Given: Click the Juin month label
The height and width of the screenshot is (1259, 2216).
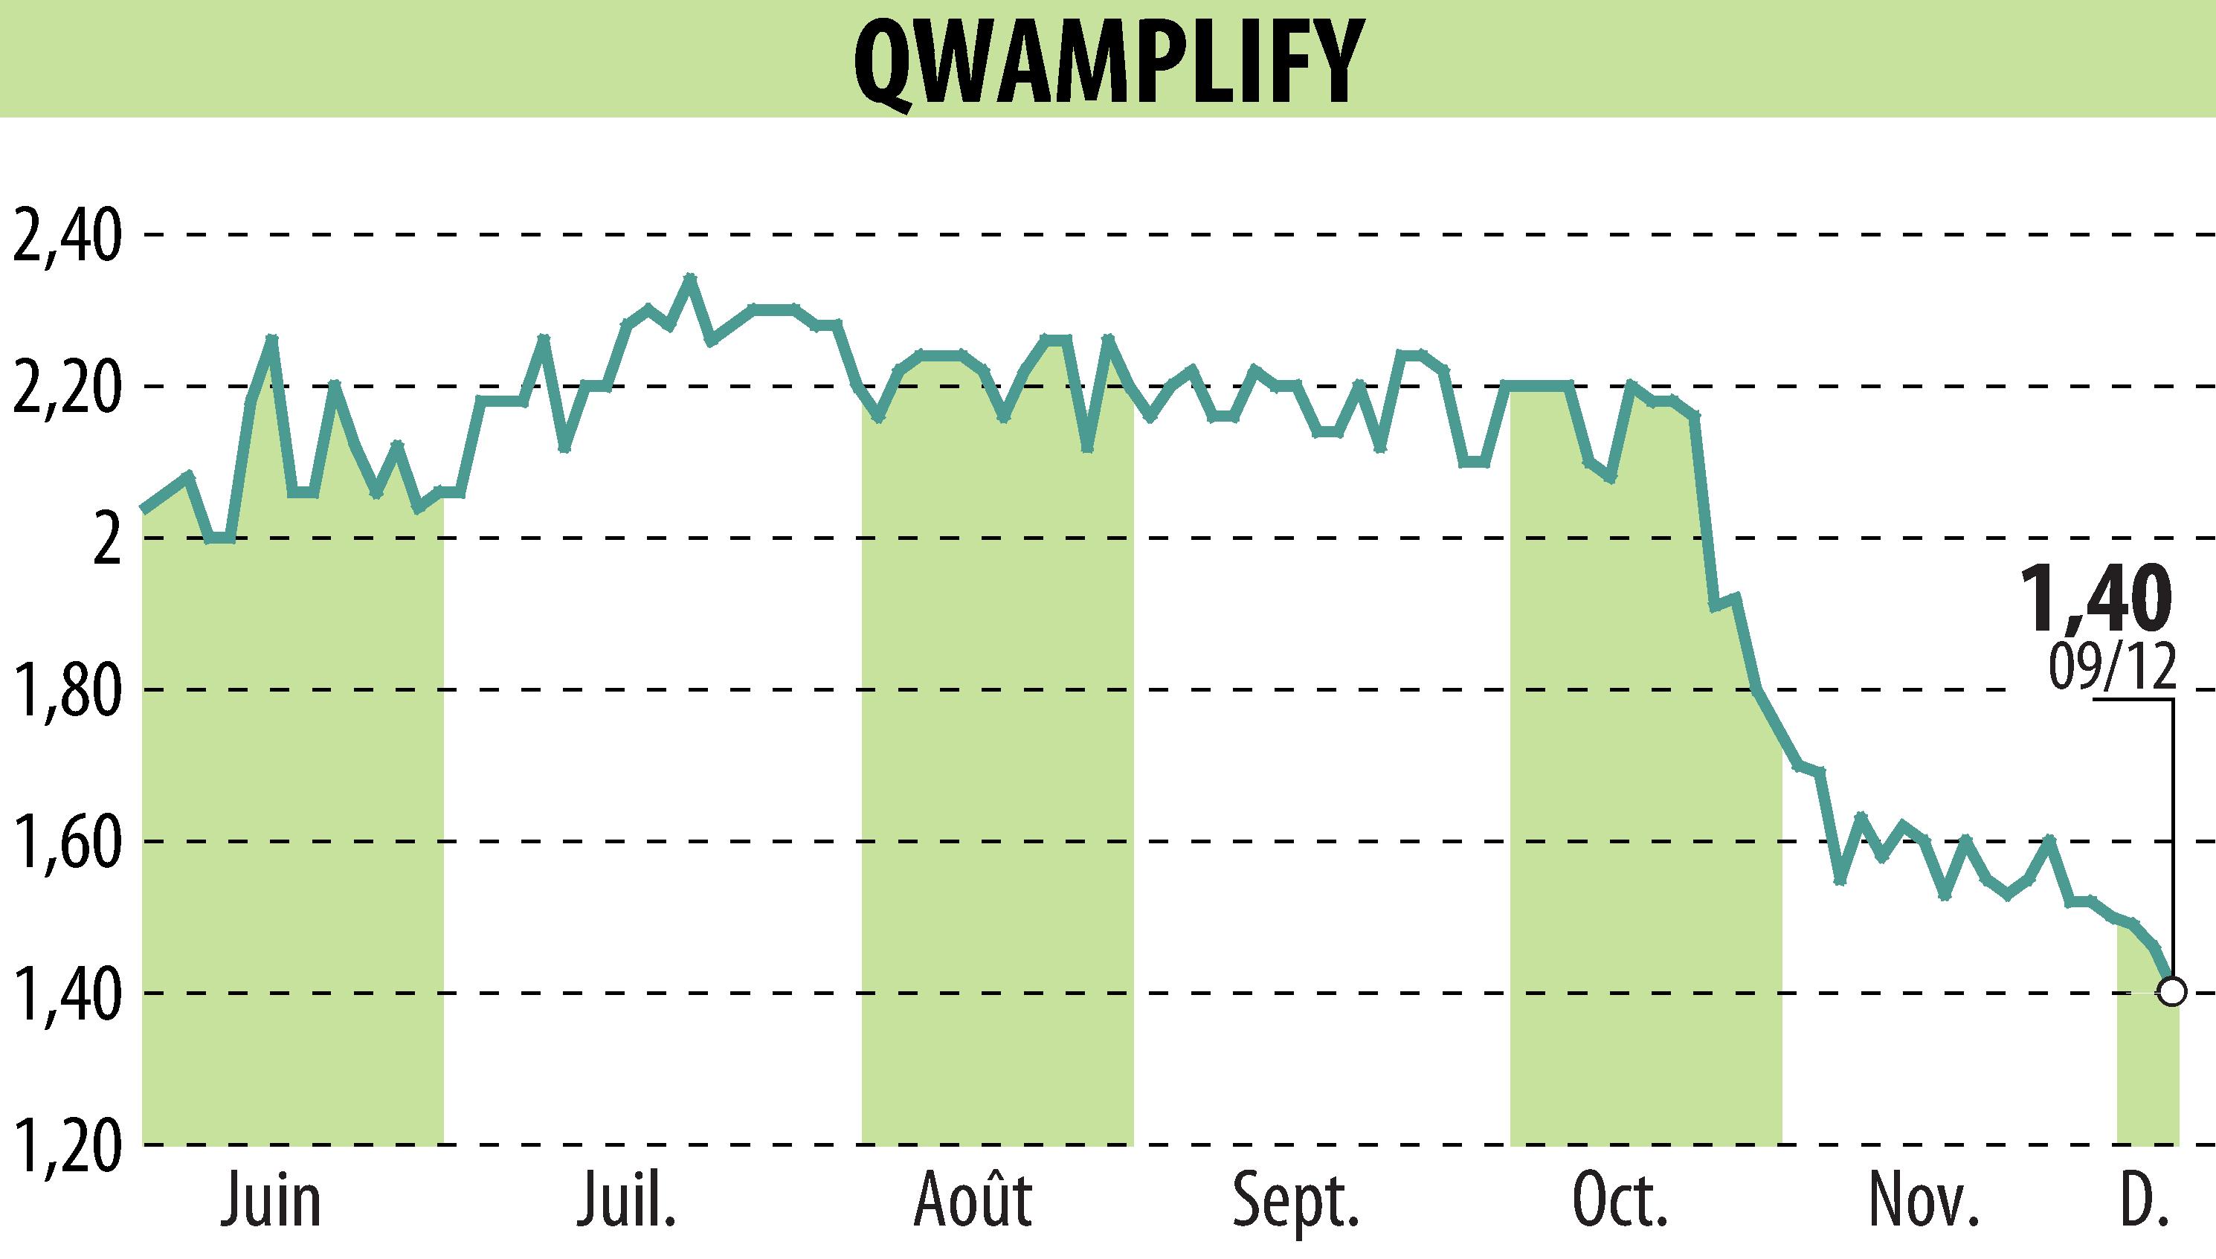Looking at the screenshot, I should (271, 1202).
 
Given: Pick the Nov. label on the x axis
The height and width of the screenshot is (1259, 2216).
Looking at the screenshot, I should (1924, 1202).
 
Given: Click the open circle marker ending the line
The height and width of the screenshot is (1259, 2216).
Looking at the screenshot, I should (2171, 991).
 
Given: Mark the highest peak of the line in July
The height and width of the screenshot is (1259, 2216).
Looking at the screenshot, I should (689, 278).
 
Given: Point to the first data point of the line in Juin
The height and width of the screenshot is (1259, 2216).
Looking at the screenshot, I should (144, 510).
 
